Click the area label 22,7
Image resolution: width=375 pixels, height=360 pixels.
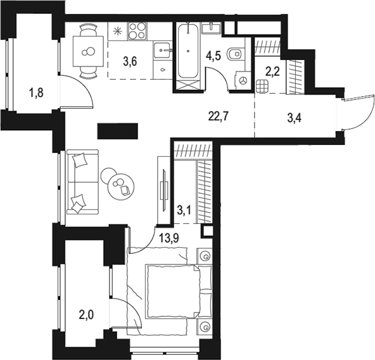point(217,115)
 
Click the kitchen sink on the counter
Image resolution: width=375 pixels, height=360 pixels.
point(164,48)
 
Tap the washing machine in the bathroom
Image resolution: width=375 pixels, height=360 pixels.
point(243,80)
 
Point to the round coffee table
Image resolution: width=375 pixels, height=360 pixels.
point(118,185)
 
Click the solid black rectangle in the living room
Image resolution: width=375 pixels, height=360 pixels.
point(117,131)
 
